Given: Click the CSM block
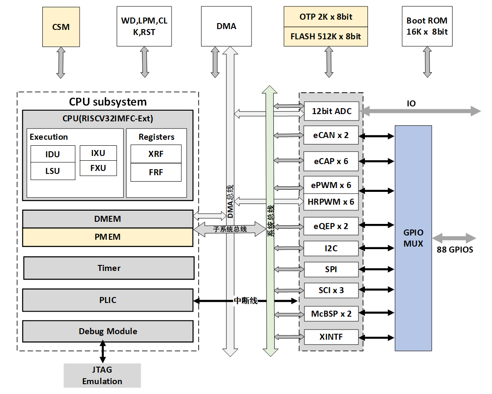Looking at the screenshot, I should pyautogui.click(x=60, y=26).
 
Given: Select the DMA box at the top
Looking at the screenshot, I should pyautogui.click(x=226, y=26).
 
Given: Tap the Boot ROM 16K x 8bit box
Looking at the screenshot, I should pyautogui.click(x=427, y=26).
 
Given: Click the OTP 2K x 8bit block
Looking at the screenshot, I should pyautogui.click(x=326, y=17).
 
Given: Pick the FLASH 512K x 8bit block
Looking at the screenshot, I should pyautogui.click(x=326, y=36).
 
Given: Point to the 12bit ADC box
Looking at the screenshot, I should pyautogui.click(x=331, y=111).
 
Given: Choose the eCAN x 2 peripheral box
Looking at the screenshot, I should pyautogui.click(x=331, y=135).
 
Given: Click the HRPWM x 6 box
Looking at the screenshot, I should pyautogui.click(x=331, y=202).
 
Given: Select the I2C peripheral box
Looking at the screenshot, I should pyautogui.click(x=331, y=248).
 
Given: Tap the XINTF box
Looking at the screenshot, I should pyautogui.click(x=331, y=337).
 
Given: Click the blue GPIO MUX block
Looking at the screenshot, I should pyautogui.click(x=413, y=238).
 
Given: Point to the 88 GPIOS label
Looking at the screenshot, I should pyautogui.click(x=455, y=250).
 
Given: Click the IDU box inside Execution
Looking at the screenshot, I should pyautogui.click(x=52, y=154).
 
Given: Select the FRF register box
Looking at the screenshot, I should pyautogui.click(x=156, y=172).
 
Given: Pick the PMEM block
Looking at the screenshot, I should pyautogui.click(x=107, y=237).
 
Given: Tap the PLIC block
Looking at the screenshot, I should pyautogui.click(x=107, y=300).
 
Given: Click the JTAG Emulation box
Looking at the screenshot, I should pyautogui.click(x=102, y=376).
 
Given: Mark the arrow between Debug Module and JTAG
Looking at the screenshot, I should pyautogui.click(x=103, y=352).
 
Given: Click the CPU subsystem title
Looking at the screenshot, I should pyautogui.click(x=108, y=102).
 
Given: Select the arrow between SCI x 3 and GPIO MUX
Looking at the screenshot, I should pyautogui.click(x=376, y=291).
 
